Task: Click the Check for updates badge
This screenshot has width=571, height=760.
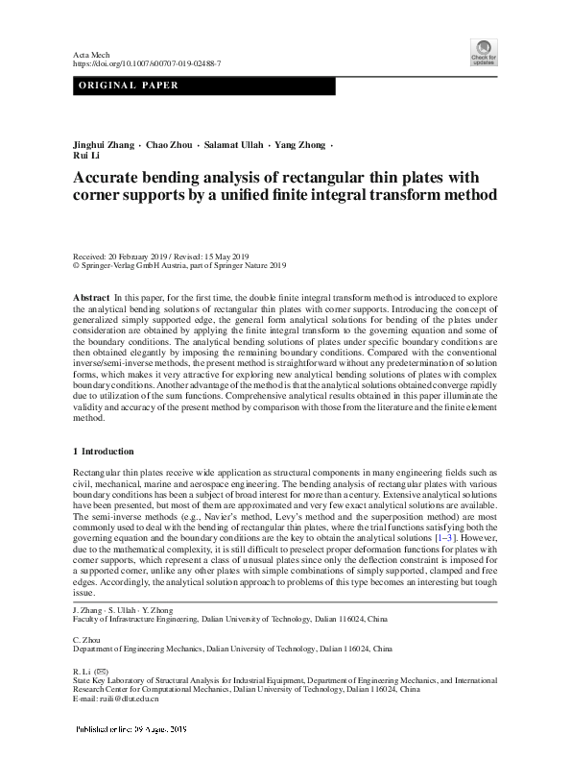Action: (x=483, y=53)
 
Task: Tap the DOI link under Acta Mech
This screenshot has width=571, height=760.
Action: (x=147, y=63)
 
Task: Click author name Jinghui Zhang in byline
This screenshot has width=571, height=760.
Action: (x=103, y=145)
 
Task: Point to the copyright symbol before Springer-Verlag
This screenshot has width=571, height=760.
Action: (x=77, y=265)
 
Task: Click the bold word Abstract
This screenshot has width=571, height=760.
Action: (x=91, y=300)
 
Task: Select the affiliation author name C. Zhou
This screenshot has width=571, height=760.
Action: (x=87, y=638)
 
